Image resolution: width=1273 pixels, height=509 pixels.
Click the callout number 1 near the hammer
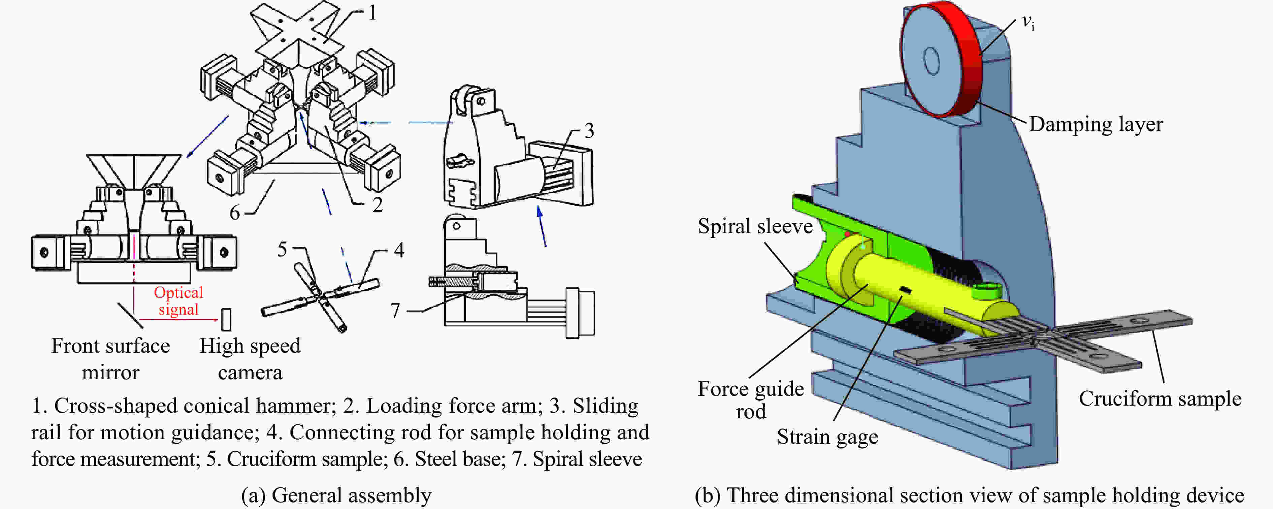coord(372,13)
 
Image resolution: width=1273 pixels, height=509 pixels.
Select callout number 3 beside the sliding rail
coord(589,131)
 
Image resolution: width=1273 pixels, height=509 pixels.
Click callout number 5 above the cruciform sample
coord(282,250)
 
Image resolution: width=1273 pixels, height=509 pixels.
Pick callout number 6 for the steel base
coord(235,213)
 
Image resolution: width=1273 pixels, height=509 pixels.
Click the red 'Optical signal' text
coord(178,301)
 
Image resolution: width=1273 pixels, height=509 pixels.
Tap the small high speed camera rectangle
coord(226,319)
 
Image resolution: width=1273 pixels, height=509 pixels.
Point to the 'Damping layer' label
coord(1096,124)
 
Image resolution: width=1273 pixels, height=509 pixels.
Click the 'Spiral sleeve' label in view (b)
coord(755,226)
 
